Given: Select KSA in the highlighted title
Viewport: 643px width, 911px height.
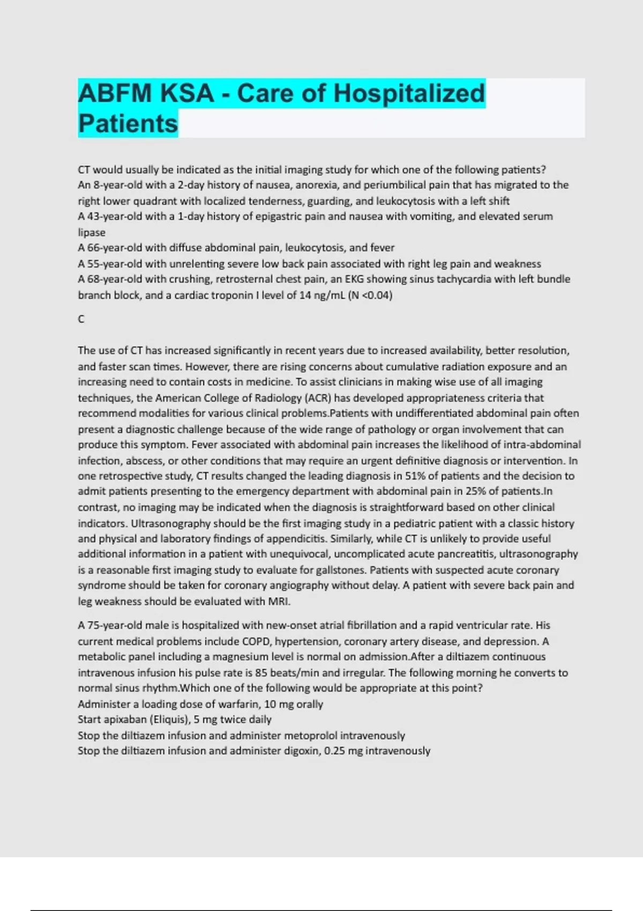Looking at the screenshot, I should click(x=187, y=93).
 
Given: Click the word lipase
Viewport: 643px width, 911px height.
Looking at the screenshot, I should click(x=92, y=233).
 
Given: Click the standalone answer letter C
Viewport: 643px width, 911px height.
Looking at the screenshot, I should click(x=81, y=319).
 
